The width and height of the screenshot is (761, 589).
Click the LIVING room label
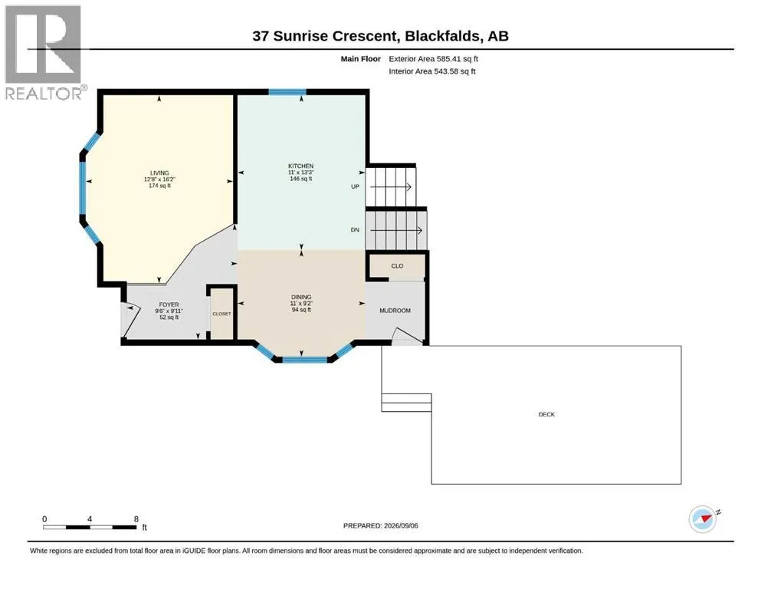(159, 173)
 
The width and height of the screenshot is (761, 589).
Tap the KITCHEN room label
(301, 166)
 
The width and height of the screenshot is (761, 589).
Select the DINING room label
(301, 297)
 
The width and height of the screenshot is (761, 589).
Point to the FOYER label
(169, 305)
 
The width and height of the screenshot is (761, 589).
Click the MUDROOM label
(395, 311)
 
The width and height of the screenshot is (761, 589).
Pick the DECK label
(546, 415)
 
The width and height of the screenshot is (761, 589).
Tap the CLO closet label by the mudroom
(397, 266)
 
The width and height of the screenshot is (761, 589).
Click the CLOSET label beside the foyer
(221, 314)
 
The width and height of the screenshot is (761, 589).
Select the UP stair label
(356, 186)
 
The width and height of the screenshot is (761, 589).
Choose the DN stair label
(356, 229)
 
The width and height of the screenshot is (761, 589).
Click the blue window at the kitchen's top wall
(287, 92)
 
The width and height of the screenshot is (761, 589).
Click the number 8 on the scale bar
(136, 519)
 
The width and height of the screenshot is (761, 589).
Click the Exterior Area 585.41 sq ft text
(434, 59)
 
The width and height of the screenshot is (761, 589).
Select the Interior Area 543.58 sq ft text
(432, 71)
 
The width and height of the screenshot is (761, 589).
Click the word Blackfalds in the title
(443, 36)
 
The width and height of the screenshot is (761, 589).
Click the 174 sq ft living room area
(159, 186)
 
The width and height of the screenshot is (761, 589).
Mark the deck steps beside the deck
(407, 403)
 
